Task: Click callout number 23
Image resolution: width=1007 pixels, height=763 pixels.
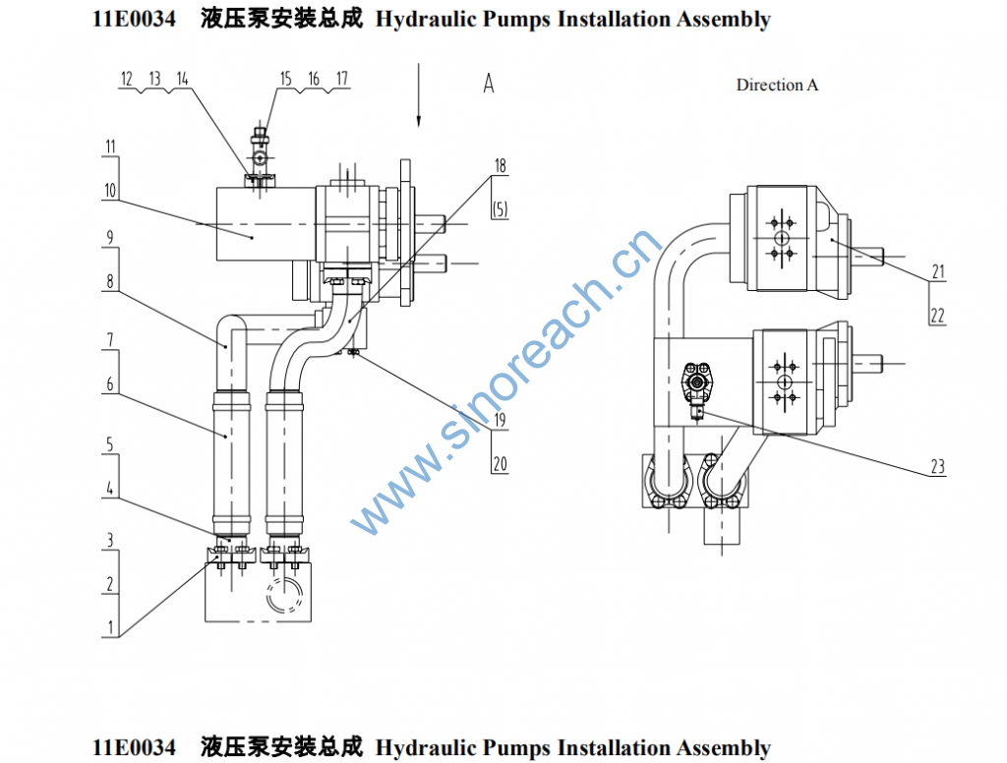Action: (937, 467)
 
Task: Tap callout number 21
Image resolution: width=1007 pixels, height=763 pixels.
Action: (937, 270)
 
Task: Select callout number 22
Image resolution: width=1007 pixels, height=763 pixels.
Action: (937, 315)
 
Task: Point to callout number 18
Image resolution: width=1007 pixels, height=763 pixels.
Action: (501, 166)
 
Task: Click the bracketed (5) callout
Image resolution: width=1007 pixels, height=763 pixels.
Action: (501, 208)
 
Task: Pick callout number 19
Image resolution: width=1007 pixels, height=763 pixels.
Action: (500, 420)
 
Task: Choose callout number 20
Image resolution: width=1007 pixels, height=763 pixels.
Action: (500, 464)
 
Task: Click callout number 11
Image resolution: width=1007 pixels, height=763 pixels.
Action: (111, 147)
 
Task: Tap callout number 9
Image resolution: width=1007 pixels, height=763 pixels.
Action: (110, 237)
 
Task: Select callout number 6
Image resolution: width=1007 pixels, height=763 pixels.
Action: (110, 385)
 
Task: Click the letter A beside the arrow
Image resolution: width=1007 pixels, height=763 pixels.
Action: (489, 85)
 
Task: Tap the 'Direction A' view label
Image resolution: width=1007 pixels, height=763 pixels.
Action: (777, 85)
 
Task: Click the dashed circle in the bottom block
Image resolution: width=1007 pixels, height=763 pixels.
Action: (286, 597)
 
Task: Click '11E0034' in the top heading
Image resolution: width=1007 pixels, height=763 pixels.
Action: (134, 19)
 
